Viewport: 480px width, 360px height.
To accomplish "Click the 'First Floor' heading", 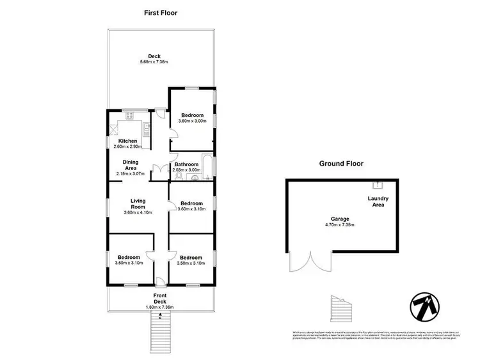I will pos(161,12).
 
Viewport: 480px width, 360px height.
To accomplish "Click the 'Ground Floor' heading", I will pos(341,164).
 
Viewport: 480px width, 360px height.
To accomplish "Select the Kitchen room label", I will pos(127,141).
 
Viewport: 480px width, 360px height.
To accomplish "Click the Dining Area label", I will pos(131,164).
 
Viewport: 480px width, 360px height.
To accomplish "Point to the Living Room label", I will pos(138,203).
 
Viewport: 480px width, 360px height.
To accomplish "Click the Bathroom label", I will pos(186,164).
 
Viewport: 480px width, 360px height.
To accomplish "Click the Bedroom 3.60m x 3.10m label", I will pos(192,205).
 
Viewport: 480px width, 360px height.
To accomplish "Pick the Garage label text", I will pos(340,219).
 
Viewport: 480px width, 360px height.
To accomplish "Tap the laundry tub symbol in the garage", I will pos(378,185).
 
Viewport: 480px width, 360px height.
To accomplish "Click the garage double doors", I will pos(310,262).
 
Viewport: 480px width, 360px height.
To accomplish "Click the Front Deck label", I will pos(160,299).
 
